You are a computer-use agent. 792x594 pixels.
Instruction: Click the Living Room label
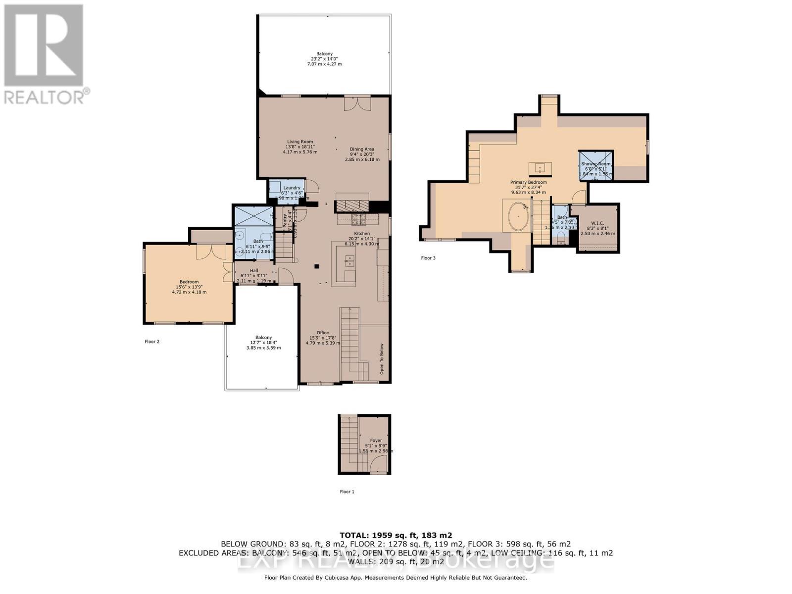pyautogui.click(x=300, y=142)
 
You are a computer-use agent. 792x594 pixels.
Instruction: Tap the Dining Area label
pyautogui.click(x=362, y=149)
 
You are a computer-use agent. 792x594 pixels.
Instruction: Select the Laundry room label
pyautogui.click(x=292, y=188)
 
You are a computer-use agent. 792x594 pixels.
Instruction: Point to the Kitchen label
pyautogui.click(x=362, y=234)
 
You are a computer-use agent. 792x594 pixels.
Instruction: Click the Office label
pyautogui.click(x=323, y=333)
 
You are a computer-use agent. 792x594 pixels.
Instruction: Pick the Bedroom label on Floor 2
pyautogui.click(x=189, y=282)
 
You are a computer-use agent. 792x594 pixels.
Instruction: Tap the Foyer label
pyautogui.click(x=376, y=440)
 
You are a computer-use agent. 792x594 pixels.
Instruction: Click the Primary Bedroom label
pyautogui.click(x=528, y=182)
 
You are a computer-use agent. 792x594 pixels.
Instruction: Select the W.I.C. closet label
pyautogui.click(x=597, y=223)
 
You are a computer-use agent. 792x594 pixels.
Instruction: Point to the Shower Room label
pyautogui.click(x=596, y=163)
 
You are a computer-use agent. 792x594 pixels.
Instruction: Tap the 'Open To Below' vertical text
pyautogui.click(x=382, y=359)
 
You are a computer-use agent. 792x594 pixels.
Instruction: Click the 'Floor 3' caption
pyautogui.click(x=428, y=258)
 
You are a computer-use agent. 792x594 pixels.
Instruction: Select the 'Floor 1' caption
pyautogui.click(x=347, y=492)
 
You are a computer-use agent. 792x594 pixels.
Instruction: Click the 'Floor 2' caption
pyautogui.click(x=152, y=342)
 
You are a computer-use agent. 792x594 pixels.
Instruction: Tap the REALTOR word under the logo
pyautogui.click(x=45, y=97)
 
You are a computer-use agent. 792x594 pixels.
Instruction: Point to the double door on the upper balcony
pyautogui.click(x=357, y=103)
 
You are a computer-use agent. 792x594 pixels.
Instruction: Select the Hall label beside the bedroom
pyautogui.click(x=254, y=271)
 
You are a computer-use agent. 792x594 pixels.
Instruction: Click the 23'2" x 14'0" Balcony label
pyautogui.click(x=325, y=59)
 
